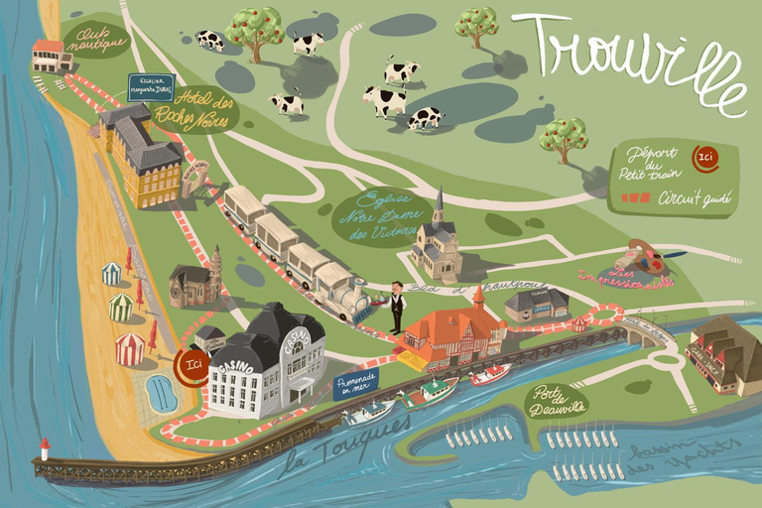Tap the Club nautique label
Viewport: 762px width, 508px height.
point(96,40)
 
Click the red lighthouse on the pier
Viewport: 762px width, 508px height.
point(44,449)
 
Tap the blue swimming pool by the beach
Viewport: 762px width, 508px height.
point(161,393)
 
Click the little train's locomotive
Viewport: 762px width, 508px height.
point(343,295)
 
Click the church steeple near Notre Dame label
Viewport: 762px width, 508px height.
point(439,208)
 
